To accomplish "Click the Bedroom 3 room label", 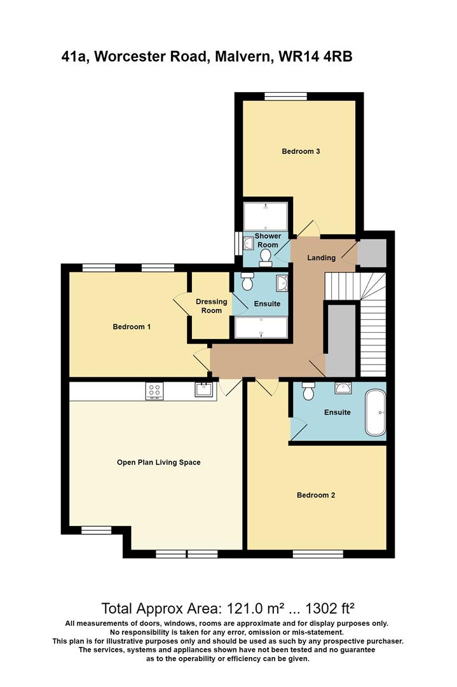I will tap(301, 151).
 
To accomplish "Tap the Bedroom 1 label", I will tap(132, 327).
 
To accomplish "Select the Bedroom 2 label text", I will tap(316, 495).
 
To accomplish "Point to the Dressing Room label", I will tap(212, 306).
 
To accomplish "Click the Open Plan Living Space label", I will tap(158, 462).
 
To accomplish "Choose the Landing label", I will tap(321, 258).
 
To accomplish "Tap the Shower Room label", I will tap(268, 240).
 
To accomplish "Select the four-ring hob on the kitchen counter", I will tap(154, 391).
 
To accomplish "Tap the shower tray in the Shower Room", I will tap(266, 216).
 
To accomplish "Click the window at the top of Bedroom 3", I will tap(285, 97).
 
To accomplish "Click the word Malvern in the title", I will tap(240, 57).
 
